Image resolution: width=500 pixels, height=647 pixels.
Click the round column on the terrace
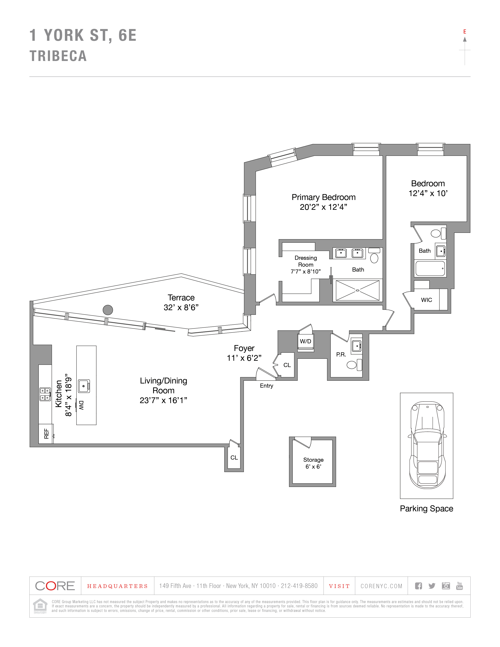(108, 310)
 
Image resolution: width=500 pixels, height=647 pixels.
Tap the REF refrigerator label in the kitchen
(46, 433)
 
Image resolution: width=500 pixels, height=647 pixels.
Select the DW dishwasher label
(81, 405)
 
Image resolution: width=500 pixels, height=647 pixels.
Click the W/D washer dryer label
(305, 341)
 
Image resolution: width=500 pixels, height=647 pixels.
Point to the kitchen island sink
(84, 386)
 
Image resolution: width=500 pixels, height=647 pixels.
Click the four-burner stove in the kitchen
(45, 394)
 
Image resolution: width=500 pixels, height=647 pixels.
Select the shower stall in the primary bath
(357, 290)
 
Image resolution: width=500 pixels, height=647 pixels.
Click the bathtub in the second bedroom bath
(430, 269)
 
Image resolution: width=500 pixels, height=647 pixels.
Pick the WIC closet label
(426, 300)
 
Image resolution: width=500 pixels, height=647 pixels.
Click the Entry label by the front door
(266, 386)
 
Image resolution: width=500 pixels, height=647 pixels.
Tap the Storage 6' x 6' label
(313, 463)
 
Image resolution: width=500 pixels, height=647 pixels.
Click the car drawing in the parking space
(427, 445)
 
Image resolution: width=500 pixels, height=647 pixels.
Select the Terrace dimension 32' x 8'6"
(181, 307)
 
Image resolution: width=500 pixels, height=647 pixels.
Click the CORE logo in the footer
(55, 586)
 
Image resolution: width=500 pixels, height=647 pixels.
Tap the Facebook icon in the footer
(418, 586)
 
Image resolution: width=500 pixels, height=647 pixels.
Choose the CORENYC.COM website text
(381, 586)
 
